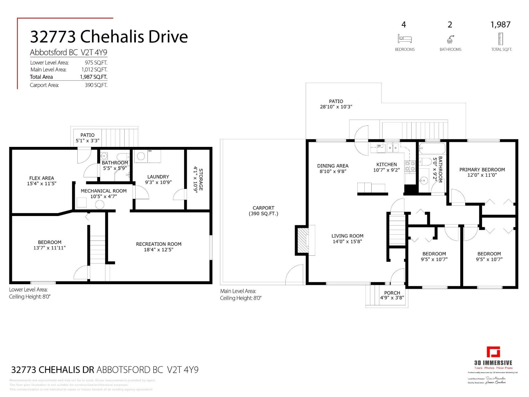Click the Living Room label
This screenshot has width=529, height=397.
[347, 236]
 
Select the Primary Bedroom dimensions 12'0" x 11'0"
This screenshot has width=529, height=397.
[482, 175]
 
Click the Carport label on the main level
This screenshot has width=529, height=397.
[263, 208]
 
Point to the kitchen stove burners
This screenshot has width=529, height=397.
[410, 166]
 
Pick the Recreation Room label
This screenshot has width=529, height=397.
[158, 244]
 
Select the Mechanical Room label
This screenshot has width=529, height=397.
[103, 191]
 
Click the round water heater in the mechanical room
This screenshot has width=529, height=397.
[100, 205]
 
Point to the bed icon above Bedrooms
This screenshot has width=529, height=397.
[404, 39]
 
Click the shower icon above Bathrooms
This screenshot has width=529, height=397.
[450, 39]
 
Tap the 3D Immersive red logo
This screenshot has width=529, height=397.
[493, 352]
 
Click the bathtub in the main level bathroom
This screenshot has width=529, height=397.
[432, 149]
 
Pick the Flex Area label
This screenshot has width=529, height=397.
[41, 178]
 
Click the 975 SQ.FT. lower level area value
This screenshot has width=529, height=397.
[96, 63]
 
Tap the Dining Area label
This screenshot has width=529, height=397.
[332, 166]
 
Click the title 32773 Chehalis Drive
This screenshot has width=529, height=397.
[109, 36]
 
